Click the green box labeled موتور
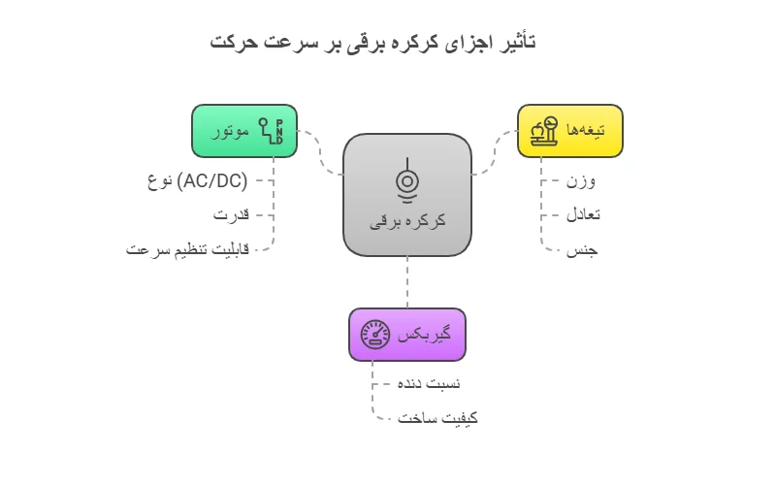click(x=244, y=130)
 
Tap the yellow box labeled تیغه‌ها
click(x=569, y=130)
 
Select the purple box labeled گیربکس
click(x=407, y=334)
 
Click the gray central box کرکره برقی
click(x=407, y=194)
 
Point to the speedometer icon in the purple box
click(x=375, y=335)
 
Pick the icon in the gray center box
click(x=407, y=179)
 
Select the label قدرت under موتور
click(x=232, y=214)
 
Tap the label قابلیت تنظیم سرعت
click(x=187, y=249)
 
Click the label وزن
click(x=582, y=181)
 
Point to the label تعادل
click(x=583, y=214)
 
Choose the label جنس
click(x=582, y=249)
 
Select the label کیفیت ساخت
click(x=438, y=418)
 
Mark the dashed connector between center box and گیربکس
click(x=407, y=282)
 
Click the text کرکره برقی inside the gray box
click(x=407, y=221)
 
